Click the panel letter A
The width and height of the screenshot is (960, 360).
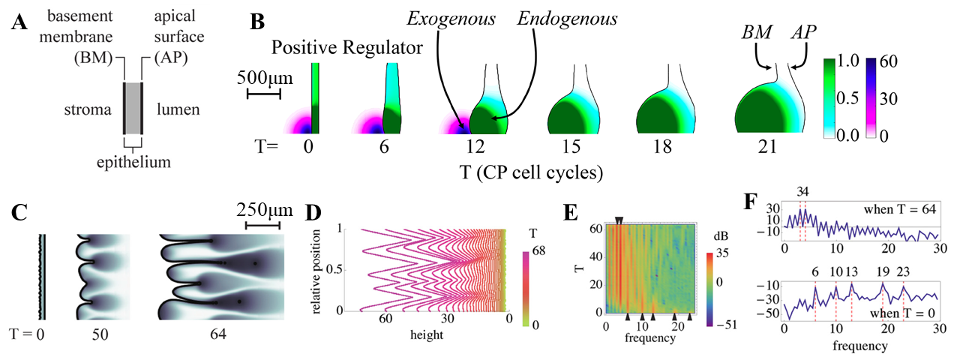[19, 22]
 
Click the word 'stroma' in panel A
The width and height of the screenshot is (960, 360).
[88, 109]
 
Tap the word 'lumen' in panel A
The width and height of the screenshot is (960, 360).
[178, 109]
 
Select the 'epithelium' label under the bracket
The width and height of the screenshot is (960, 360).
[133, 163]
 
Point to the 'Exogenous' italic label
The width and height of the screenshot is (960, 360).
[451, 19]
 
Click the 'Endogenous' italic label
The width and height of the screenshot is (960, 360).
[568, 19]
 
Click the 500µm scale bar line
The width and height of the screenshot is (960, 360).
[264, 94]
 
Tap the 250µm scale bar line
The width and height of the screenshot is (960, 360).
[262, 226]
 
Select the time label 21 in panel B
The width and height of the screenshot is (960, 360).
[767, 147]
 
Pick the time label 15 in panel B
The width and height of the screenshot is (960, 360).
[571, 147]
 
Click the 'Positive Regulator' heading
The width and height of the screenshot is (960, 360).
[347, 47]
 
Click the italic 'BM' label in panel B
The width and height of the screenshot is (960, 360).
[757, 32]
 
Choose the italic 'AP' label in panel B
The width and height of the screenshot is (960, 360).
[804, 32]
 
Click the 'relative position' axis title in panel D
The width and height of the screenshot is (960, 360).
[316, 271]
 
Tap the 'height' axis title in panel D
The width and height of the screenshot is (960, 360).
[427, 334]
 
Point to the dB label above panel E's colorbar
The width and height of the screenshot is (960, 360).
[721, 236]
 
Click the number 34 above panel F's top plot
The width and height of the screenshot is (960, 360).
[802, 191]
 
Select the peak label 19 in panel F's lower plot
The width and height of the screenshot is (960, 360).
[883, 272]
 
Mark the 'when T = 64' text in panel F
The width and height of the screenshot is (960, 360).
[899, 210]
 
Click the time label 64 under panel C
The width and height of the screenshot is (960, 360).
[217, 334]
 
